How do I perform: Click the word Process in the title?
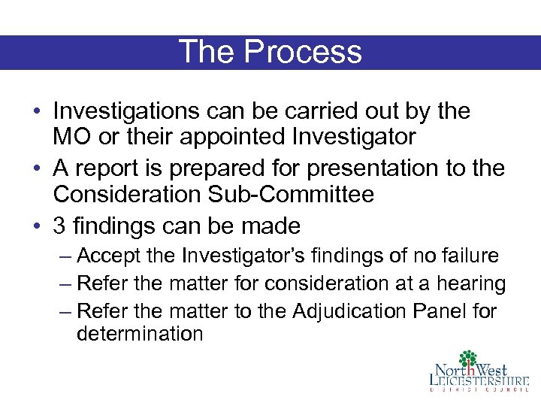click(x=304, y=52)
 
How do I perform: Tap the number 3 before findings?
click(x=60, y=226)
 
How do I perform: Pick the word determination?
click(x=141, y=334)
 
